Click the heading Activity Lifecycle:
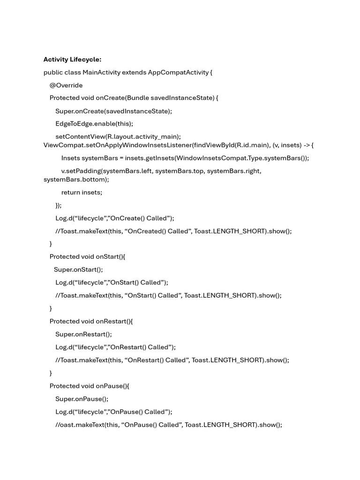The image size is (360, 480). (x=72, y=60)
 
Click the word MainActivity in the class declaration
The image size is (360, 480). (x=101, y=72)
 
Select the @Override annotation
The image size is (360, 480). (x=66, y=85)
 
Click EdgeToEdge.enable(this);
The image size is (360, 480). (x=94, y=124)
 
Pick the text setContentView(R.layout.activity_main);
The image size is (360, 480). (x=118, y=136)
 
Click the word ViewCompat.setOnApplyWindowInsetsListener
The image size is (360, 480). (x=117, y=145)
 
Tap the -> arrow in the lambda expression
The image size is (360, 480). (x=306, y=145)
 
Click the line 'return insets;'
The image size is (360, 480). (x=82, y=192)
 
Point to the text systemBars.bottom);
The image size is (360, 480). (x=76, y=180)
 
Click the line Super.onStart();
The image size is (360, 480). (x=78, y=270)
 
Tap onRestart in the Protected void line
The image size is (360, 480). (x=112, y=321)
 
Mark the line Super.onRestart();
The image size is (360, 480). (x=84, y=334)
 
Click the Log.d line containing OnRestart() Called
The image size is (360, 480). (x=115, y=347)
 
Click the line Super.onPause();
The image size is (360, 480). (x=82, y=399)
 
